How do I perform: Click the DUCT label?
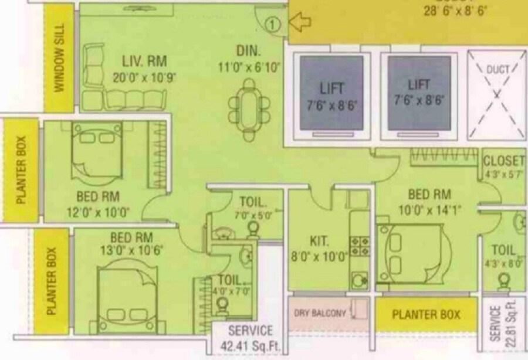(497, 69)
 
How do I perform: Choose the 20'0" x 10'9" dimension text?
(144, 77)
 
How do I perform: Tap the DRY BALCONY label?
(320, 314)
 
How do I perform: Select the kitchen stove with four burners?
(359, 242)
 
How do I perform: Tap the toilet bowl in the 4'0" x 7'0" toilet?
(221, 305)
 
